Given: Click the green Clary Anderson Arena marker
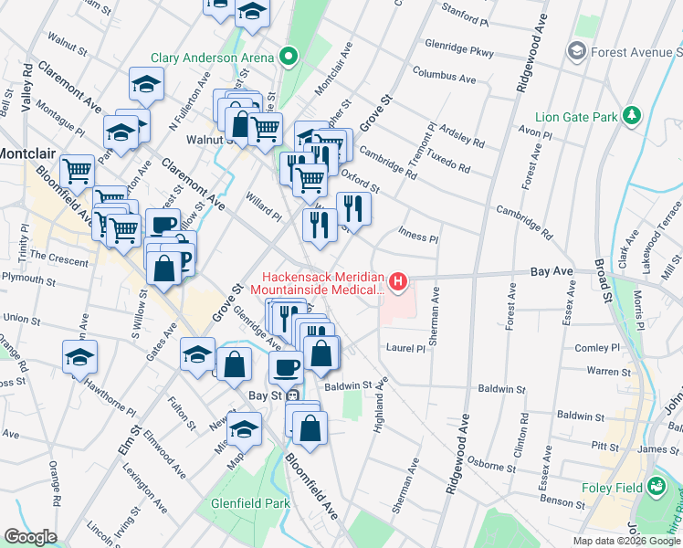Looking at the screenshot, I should pos(289,58).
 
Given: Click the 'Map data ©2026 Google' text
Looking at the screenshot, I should pos(626,541).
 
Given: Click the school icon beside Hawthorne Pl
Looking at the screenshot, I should pos(79,357).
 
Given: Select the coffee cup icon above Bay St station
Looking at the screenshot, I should pos(286,367).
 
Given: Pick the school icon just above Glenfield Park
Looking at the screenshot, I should pos(244,428).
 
